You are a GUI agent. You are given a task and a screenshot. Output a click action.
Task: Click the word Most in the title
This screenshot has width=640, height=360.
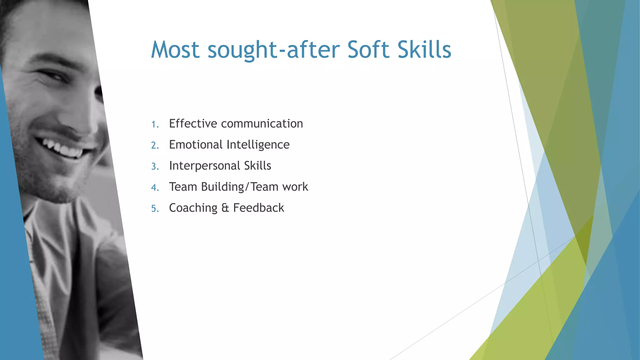coord(175,50)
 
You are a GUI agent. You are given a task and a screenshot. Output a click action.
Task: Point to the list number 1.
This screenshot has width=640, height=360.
coord(154,125)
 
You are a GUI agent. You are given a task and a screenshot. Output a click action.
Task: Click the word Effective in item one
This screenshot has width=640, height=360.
coord(193,124)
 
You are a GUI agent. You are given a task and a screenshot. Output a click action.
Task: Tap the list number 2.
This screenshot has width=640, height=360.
coord(155,146)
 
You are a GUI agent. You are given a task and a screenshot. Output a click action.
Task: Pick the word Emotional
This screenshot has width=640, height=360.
coord(196,145)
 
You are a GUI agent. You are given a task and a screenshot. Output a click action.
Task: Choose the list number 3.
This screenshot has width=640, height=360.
coord(155,167)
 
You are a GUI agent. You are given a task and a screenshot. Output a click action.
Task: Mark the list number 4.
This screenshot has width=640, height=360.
coord(155,187)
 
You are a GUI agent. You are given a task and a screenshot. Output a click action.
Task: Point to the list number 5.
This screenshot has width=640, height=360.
coord(155,209)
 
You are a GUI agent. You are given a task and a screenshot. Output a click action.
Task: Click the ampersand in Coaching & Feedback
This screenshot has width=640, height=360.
coord(225,208)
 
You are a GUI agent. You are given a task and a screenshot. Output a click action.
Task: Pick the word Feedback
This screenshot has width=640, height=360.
coord(258,208)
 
